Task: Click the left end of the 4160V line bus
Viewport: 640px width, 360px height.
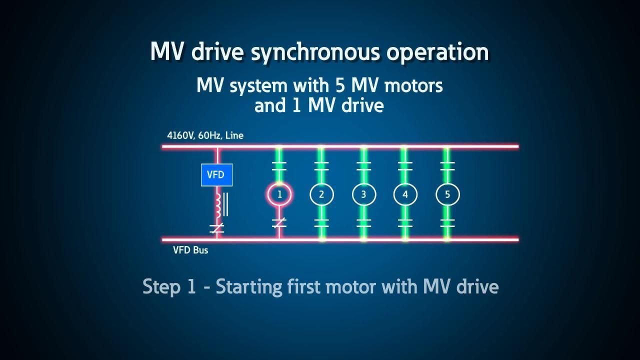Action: [x=162, y=147]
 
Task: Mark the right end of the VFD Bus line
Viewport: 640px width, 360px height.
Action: [x=518, y=239]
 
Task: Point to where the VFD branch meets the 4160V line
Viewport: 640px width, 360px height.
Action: [x=217, y=147]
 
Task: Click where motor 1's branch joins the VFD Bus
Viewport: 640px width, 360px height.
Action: [x=279, y=239]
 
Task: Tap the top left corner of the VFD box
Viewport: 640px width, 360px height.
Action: [x=201, y=164]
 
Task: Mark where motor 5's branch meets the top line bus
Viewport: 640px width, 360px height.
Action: [x=447, y=147]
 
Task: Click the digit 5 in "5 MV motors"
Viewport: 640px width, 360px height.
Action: [x=340, y=85]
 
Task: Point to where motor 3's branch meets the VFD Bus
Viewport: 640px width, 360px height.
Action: [x=363, y=239]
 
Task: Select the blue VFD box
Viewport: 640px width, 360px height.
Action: [x=217, y=175]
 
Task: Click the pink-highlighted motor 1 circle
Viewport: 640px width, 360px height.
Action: [x=279, y=194]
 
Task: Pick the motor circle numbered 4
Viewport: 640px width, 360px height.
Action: [x=405, y=194]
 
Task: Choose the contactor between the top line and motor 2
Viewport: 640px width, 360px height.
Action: [x=321, y=166]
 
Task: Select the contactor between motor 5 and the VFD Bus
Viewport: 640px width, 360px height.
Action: [x=447, y=223]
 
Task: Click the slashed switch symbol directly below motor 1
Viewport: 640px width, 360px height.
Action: [x=279, y=223]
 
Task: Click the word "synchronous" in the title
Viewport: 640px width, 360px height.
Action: [x=315, y=52]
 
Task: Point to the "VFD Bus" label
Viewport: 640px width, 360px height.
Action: [x=190, y=250]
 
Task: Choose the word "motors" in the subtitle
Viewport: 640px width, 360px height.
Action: [x=413, y=85]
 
